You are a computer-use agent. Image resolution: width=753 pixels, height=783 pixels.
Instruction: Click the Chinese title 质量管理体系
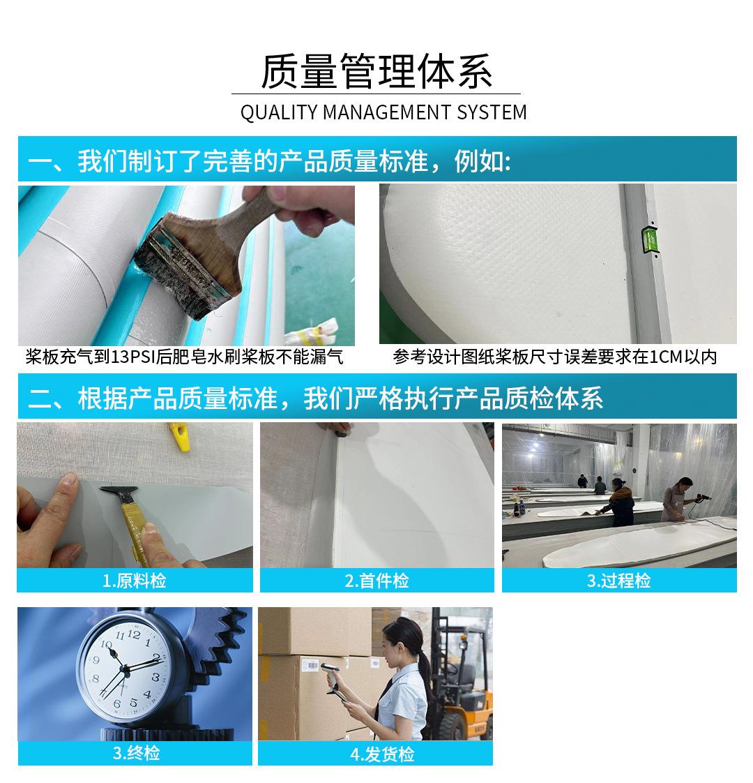tap(376, 71)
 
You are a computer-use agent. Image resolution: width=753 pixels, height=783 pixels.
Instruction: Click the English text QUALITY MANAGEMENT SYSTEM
tap(383, 112)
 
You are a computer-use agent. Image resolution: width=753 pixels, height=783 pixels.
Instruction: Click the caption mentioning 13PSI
tap(184, 357)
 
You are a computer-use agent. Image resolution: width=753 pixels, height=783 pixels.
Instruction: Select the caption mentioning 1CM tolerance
tap(554, 357)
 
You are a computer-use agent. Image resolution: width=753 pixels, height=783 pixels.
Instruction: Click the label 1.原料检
tap(135, 580)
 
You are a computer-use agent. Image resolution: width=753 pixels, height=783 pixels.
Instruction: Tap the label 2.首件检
tap(376, 580)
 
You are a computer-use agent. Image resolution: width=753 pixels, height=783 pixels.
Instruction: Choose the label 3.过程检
tap(618, 580)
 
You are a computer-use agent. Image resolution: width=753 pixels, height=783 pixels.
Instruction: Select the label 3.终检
tap(136, 752)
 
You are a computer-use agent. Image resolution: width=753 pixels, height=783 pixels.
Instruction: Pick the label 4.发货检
tap(382, 754)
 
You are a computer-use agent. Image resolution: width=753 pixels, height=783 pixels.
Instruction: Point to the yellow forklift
tap(462, 694)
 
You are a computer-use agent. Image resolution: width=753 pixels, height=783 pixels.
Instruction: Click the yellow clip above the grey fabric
tap(180, 436)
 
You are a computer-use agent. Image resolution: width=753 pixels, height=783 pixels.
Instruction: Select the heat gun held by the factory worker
tap(703, 498)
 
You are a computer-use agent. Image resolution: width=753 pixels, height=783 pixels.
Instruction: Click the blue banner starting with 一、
tap(377, 159)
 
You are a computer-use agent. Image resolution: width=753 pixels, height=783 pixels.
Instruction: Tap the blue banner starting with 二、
tap(377, 396)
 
